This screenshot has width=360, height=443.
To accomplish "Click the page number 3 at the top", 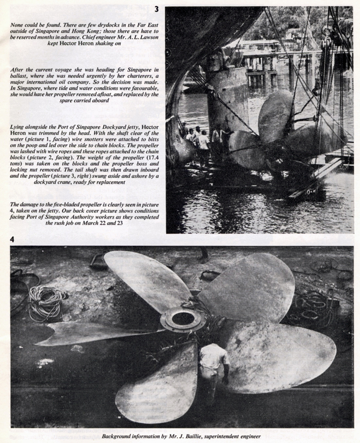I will [x=156, y=9].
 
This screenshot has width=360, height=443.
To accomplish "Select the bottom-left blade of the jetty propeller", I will [x=154, y=384].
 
